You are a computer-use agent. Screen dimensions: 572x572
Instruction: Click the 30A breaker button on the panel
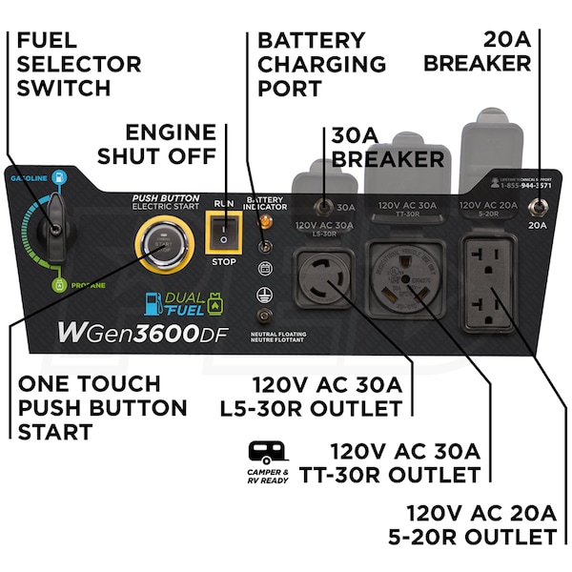pyautogui.click(x=324, y=206)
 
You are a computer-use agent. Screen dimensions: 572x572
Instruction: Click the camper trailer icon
pyautogui.click(x=268, y=452)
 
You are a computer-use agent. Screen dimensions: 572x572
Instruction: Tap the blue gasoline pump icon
pyautogui.click(x=59, y=177)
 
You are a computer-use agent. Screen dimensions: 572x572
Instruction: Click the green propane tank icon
pyautogui.click(x=59, y=283)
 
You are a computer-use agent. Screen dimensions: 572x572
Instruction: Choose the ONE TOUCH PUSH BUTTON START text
pyautogui.click(x=103, y=407)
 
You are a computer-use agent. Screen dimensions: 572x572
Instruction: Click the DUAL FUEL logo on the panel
pyautogui.click(x=181, y=303)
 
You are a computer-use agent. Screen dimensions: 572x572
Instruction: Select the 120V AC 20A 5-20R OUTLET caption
pyautogui.click(x=481, y=525)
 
